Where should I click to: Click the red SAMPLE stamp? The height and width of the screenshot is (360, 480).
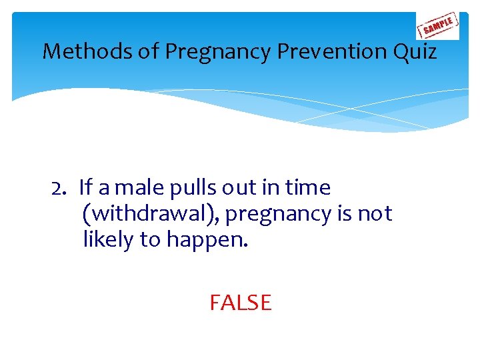pos(437,26)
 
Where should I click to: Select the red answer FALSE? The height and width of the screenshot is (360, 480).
pos(241,303)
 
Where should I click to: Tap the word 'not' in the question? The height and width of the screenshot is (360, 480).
pos(375,215)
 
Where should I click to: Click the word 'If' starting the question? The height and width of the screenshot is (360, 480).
pos(85,189)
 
